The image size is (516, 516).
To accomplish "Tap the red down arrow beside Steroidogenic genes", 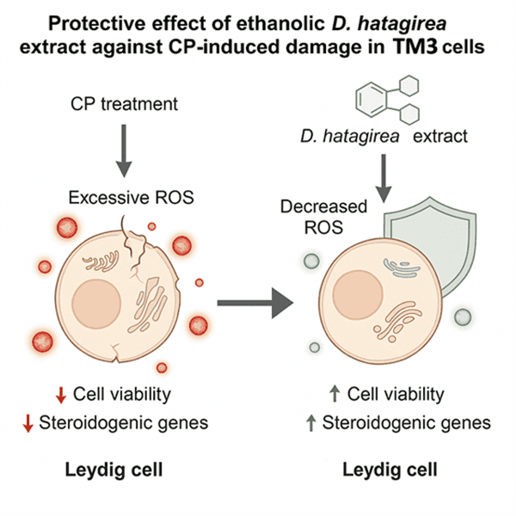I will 28,422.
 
